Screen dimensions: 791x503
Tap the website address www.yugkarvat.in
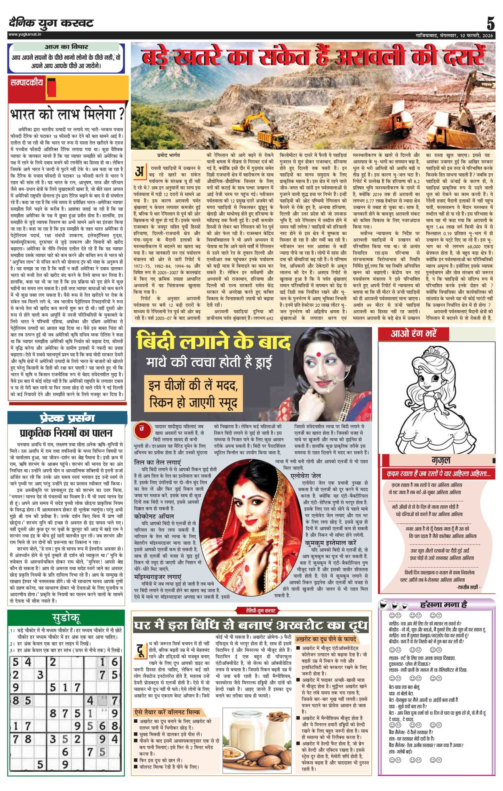tap(25, 34)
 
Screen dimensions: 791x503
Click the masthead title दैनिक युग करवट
tap(51, 23)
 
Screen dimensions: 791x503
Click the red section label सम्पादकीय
tap(27, 83)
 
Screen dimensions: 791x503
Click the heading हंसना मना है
tap(444, 604)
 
